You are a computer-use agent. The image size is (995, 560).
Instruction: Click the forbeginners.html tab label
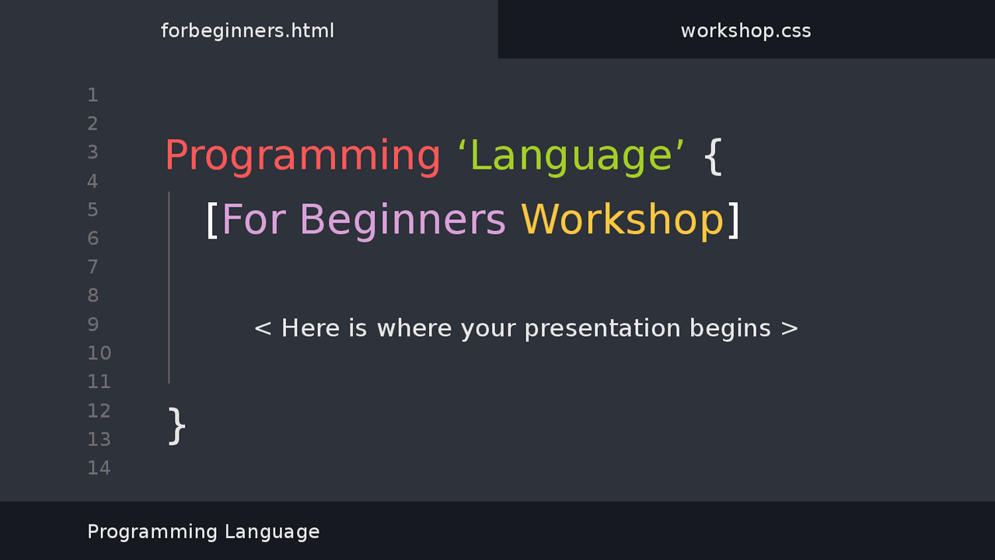pyautogui.click(x=247, y=30)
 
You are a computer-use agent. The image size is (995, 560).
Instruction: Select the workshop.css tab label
pyautogui.click(x=745, y=30)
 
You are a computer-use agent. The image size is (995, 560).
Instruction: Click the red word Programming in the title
pyautogui.click(x=302, y=156)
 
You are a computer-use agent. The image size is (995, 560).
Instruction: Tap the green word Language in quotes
pyautogui.click(x=571, y=156)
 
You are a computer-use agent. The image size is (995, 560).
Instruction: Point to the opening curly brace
pyautogui.click(x=713, y=156)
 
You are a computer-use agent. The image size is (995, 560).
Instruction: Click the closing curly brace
pyautogui.click(x=176, y=425)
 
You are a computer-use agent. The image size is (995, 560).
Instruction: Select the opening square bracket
pyautogui.click(x=212, y=219)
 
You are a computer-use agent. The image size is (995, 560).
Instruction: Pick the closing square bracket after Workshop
pyautogui.click(x=734, y=219)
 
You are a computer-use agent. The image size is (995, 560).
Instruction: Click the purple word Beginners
pyautogui.click(x=403, y=220)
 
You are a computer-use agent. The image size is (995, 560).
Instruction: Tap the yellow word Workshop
pyautogui.click(x=623, y=219)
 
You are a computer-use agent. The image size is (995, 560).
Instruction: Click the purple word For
pyautogui.click(x=253, y=219)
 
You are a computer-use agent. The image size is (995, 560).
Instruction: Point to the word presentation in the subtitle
pyautogui.click(x=602, y=329)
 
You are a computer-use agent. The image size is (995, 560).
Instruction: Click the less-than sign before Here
pyautogui.click(x=263, y=329)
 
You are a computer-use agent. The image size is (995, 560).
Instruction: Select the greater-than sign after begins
pyautogui.click(x=789, y=329)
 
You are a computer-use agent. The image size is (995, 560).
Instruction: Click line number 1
pyautogui.click(x=93, y=95)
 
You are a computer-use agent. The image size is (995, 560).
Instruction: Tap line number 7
pyautogui.click(x=93, y=267)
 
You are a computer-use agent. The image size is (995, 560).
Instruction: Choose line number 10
pyautogui.click(x=99, y=353)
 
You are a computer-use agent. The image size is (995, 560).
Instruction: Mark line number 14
pyautogui.click(x=99, y=467)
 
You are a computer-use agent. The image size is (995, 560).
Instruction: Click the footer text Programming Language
pyautogui.click(x=204, y=532)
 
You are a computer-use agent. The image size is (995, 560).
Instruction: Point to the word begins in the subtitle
pyautogui.click(x=730, y=329)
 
